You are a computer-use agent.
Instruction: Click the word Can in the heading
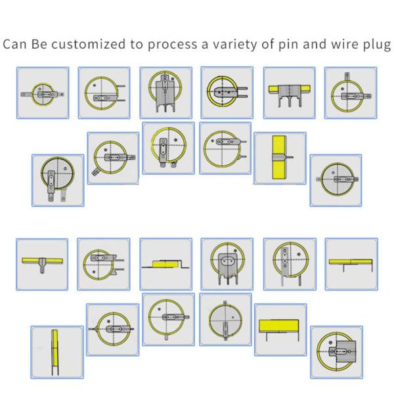(x=14, y=44)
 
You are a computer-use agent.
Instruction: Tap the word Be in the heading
(x=39, y=44)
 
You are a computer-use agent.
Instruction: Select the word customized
(x=88, y=44)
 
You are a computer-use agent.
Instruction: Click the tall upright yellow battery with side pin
(x=280, y=158)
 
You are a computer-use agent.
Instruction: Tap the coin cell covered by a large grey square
(x=337, y=351)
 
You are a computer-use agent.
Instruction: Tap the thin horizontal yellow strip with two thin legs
(x=351, y=262)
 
